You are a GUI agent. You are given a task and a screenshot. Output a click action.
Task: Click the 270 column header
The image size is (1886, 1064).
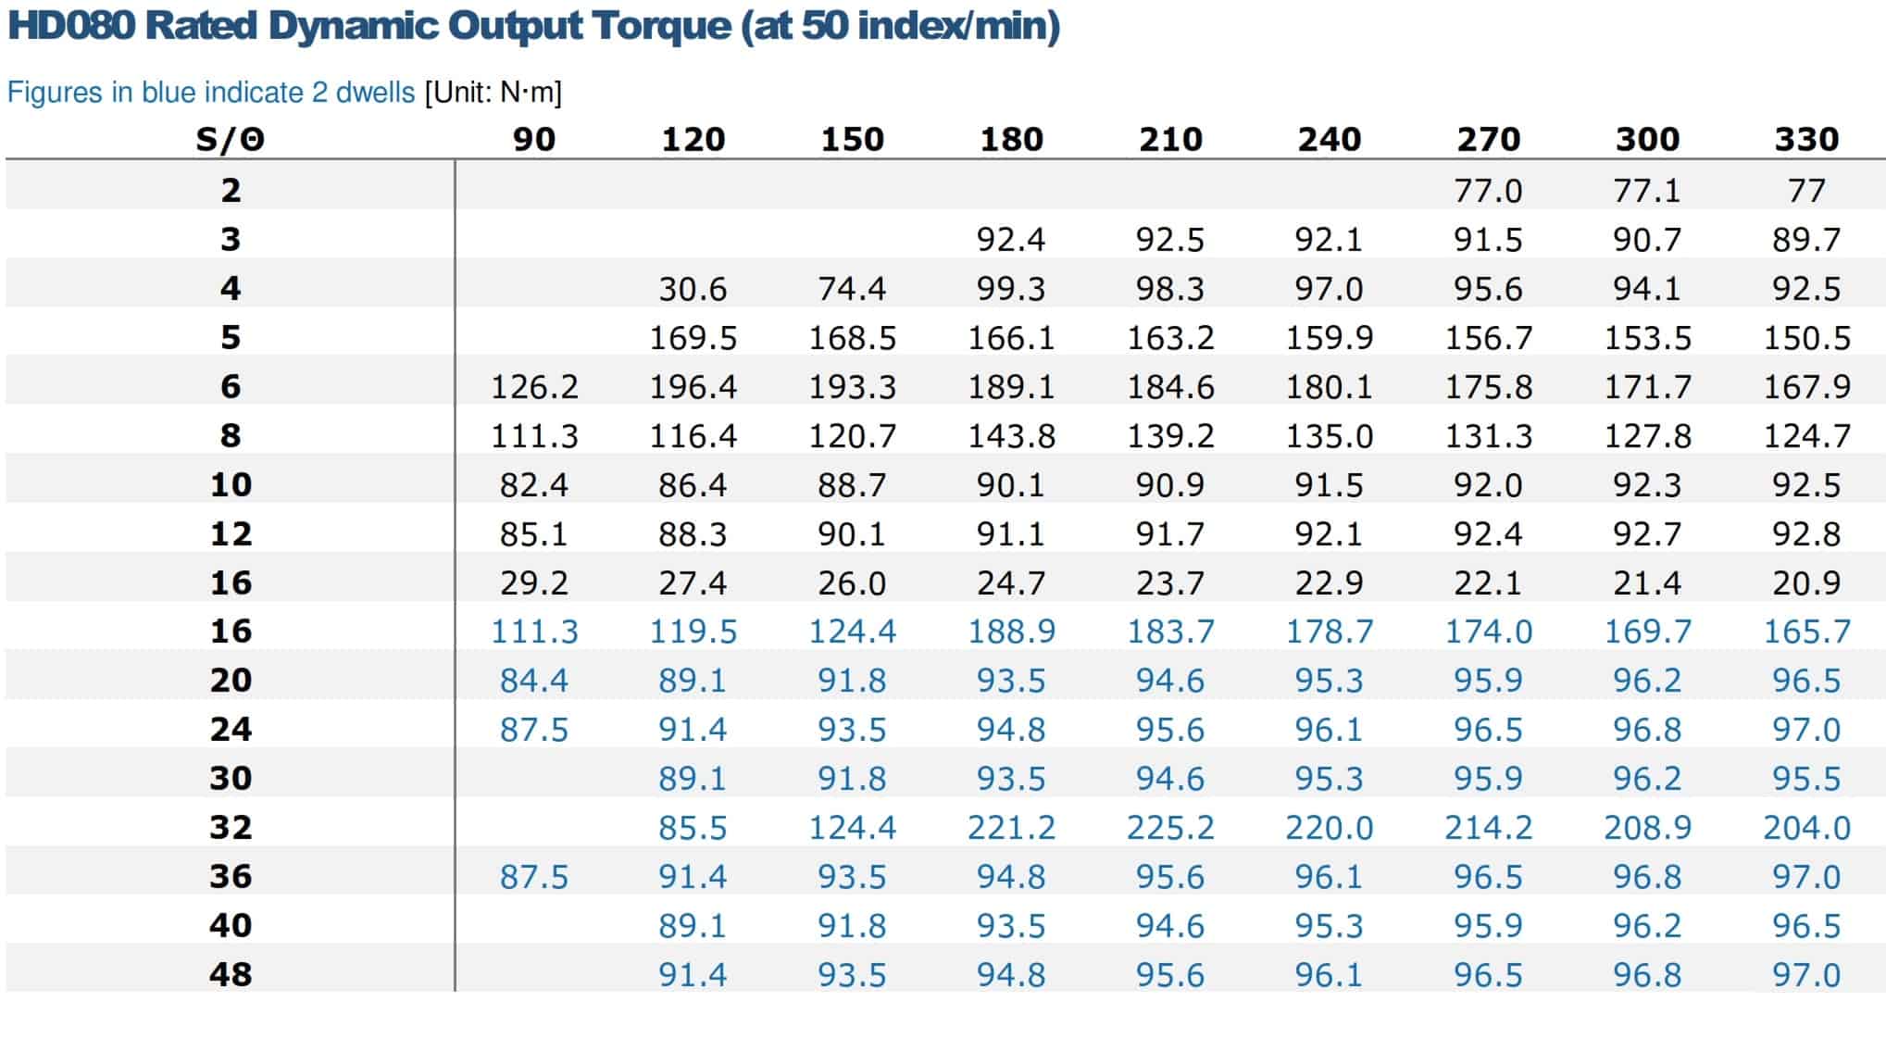point(1488,139)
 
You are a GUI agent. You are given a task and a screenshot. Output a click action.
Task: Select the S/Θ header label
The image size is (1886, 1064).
point(231,139)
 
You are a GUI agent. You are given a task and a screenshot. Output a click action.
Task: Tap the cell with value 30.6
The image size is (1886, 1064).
point(693,288)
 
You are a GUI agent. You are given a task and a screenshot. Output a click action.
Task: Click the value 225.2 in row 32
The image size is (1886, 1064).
point(1170,827)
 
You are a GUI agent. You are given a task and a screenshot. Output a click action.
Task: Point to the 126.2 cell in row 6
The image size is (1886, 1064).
point(534,386)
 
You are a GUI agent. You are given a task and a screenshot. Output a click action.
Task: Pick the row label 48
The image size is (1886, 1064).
point(231,974)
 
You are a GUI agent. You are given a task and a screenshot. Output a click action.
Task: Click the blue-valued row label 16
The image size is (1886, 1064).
point(231,632)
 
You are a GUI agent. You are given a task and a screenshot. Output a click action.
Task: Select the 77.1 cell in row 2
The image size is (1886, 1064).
point(1646,191)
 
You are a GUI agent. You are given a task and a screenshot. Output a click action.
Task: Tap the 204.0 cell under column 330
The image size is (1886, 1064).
point(1806,827)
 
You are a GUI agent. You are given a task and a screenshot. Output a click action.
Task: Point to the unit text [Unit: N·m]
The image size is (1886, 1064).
point(493,93)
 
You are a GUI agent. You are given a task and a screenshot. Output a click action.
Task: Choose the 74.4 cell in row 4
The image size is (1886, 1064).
point(852,288)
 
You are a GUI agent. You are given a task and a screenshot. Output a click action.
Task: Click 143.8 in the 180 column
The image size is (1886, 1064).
point(1011,435)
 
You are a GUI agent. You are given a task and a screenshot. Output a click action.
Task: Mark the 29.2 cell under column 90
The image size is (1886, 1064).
point(534,582)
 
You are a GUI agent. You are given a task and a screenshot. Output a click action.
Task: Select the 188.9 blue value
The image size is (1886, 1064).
point(1011,632)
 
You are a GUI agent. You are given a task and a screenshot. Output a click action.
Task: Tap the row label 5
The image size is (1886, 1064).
point(231,337)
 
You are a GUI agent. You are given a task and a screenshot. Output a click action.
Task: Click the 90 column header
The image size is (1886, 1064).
point(534,139)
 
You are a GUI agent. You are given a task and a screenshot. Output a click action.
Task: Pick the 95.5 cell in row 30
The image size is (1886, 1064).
point(1806,778)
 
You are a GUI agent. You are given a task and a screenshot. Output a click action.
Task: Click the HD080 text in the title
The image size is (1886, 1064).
point(71,25)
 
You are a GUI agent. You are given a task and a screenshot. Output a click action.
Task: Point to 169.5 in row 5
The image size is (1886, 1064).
point(693,337)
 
